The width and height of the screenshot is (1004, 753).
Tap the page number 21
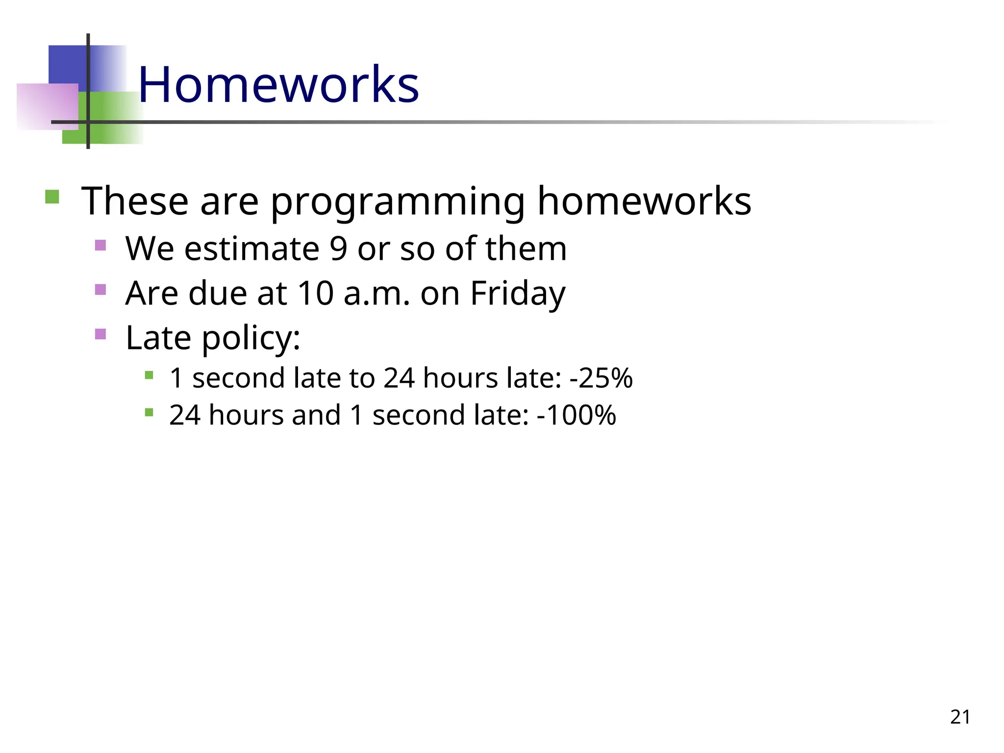[x=960, y=717]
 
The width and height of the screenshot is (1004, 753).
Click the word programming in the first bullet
[x=398, y=201]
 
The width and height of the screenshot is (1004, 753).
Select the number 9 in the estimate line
[x=338, y=249]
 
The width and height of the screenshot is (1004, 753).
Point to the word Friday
[x=518, y=293]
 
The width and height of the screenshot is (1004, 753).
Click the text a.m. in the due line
[x=376, y=293]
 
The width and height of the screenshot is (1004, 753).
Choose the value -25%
[x=601, y=378]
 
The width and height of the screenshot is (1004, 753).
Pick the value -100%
[x=577, y=415]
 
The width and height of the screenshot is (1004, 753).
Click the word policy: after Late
[x=251, y=338]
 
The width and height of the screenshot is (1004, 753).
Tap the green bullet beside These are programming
[x=52, y=197]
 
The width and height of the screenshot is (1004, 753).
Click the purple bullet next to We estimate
[x=100, y=245]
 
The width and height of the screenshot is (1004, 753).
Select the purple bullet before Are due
[x=100, y=290]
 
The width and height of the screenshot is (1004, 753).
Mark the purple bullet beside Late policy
[x=100, y=334]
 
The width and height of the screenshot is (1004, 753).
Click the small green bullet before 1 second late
[x=150, y=376]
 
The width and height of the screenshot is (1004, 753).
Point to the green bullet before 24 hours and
[x=150, y=413]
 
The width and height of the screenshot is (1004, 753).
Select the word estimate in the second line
[x=251, y=249]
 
